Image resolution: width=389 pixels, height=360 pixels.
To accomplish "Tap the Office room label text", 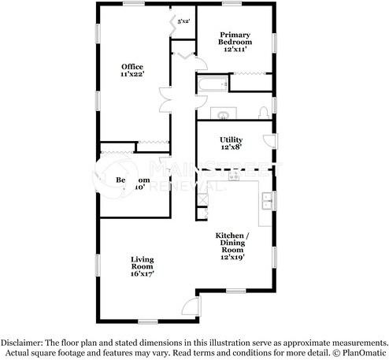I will click(132, 66).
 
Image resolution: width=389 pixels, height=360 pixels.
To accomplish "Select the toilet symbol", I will click(264, 113).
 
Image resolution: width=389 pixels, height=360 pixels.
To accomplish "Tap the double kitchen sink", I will click(266, 202).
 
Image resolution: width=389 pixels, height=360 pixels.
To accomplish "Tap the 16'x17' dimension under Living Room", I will click(143, 274).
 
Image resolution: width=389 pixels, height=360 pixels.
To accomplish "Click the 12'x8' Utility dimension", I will click(230, 147).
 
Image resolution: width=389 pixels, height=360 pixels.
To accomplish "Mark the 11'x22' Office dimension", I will click(132, 74).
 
